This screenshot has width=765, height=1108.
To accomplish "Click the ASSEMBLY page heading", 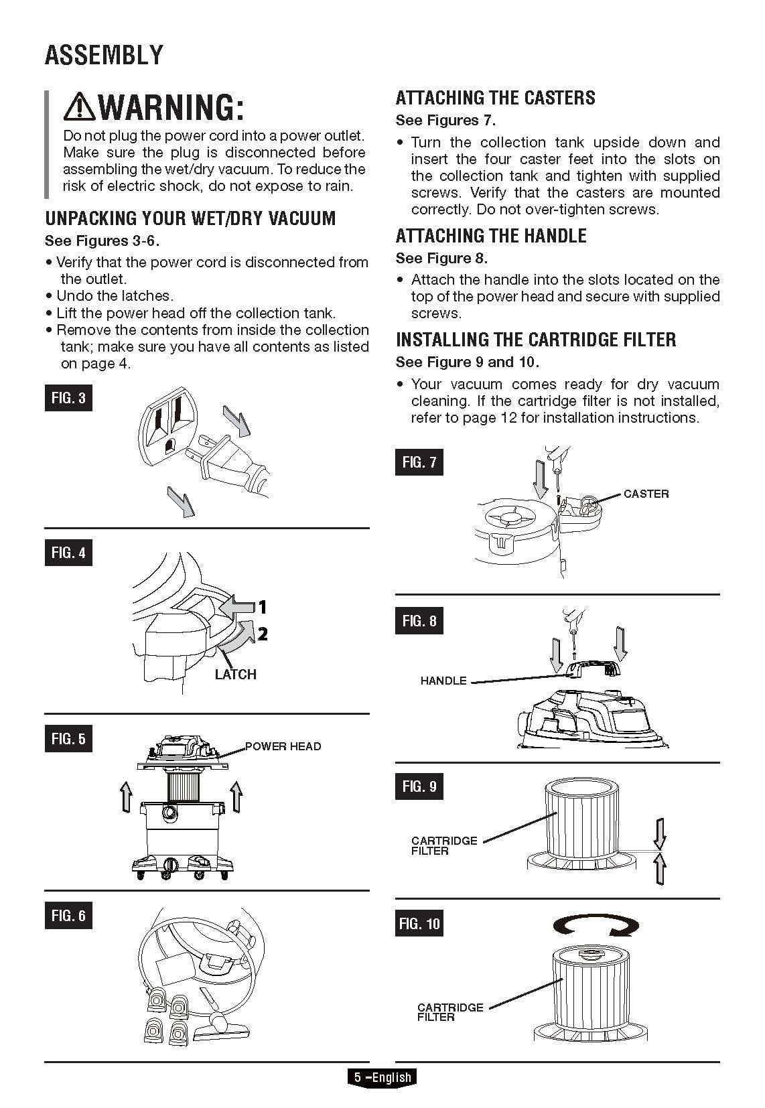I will pyautogui.click(x=104, y=55).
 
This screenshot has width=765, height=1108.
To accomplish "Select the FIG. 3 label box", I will pyautogui.click(x=68, y=398).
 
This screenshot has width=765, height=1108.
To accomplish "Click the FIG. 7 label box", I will pyautogui.click(x=419, y=462).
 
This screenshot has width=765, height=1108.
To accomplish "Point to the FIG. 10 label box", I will pyautogui.click(x=419, y=924).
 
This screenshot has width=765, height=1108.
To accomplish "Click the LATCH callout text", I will pyautogui.click(x=235, y=675).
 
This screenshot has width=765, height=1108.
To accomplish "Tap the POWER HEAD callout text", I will pyautogui.click(x=283, y=746).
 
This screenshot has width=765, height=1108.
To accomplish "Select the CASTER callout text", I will pyautogui.click(x=646, y=494).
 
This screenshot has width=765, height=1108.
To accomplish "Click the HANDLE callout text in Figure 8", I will pyautogui.click(x=443, y=681).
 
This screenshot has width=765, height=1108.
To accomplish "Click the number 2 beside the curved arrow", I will pyautogui.click(x=263, y=634).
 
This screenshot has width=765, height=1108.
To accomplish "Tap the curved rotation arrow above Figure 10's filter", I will pyautogui.click(x=596, y=926).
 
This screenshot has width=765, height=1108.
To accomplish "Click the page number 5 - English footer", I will pyautogui.click(x=382, y=1077).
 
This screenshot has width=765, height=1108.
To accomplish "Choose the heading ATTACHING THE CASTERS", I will pyautogui.click(x=495, y=98).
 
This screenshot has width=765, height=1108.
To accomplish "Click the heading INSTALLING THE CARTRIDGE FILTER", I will pyautogui.click(x=536, y=340).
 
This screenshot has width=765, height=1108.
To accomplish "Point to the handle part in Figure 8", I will pyautogui.click(x=592, y=669).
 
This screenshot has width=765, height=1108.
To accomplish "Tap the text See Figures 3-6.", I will pyautogui.click(x=102, y=240).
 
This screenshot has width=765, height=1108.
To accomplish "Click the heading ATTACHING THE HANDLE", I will pyautogui.click(x=491, y=236).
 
